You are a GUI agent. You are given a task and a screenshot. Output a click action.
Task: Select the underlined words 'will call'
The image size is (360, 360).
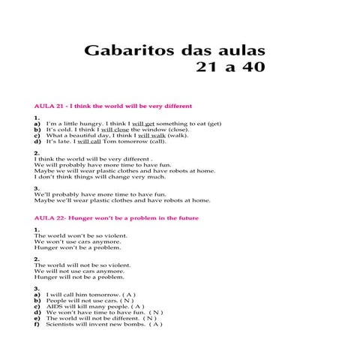pos(89,141)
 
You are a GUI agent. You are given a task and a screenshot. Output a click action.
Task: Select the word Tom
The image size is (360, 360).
pos(109,141)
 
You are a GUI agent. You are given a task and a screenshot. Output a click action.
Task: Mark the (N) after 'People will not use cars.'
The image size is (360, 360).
pos(135,301)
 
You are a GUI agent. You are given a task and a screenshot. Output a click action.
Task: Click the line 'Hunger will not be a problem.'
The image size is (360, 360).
pos(72,277)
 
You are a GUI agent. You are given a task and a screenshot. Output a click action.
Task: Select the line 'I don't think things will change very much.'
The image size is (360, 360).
pos(100,177)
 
